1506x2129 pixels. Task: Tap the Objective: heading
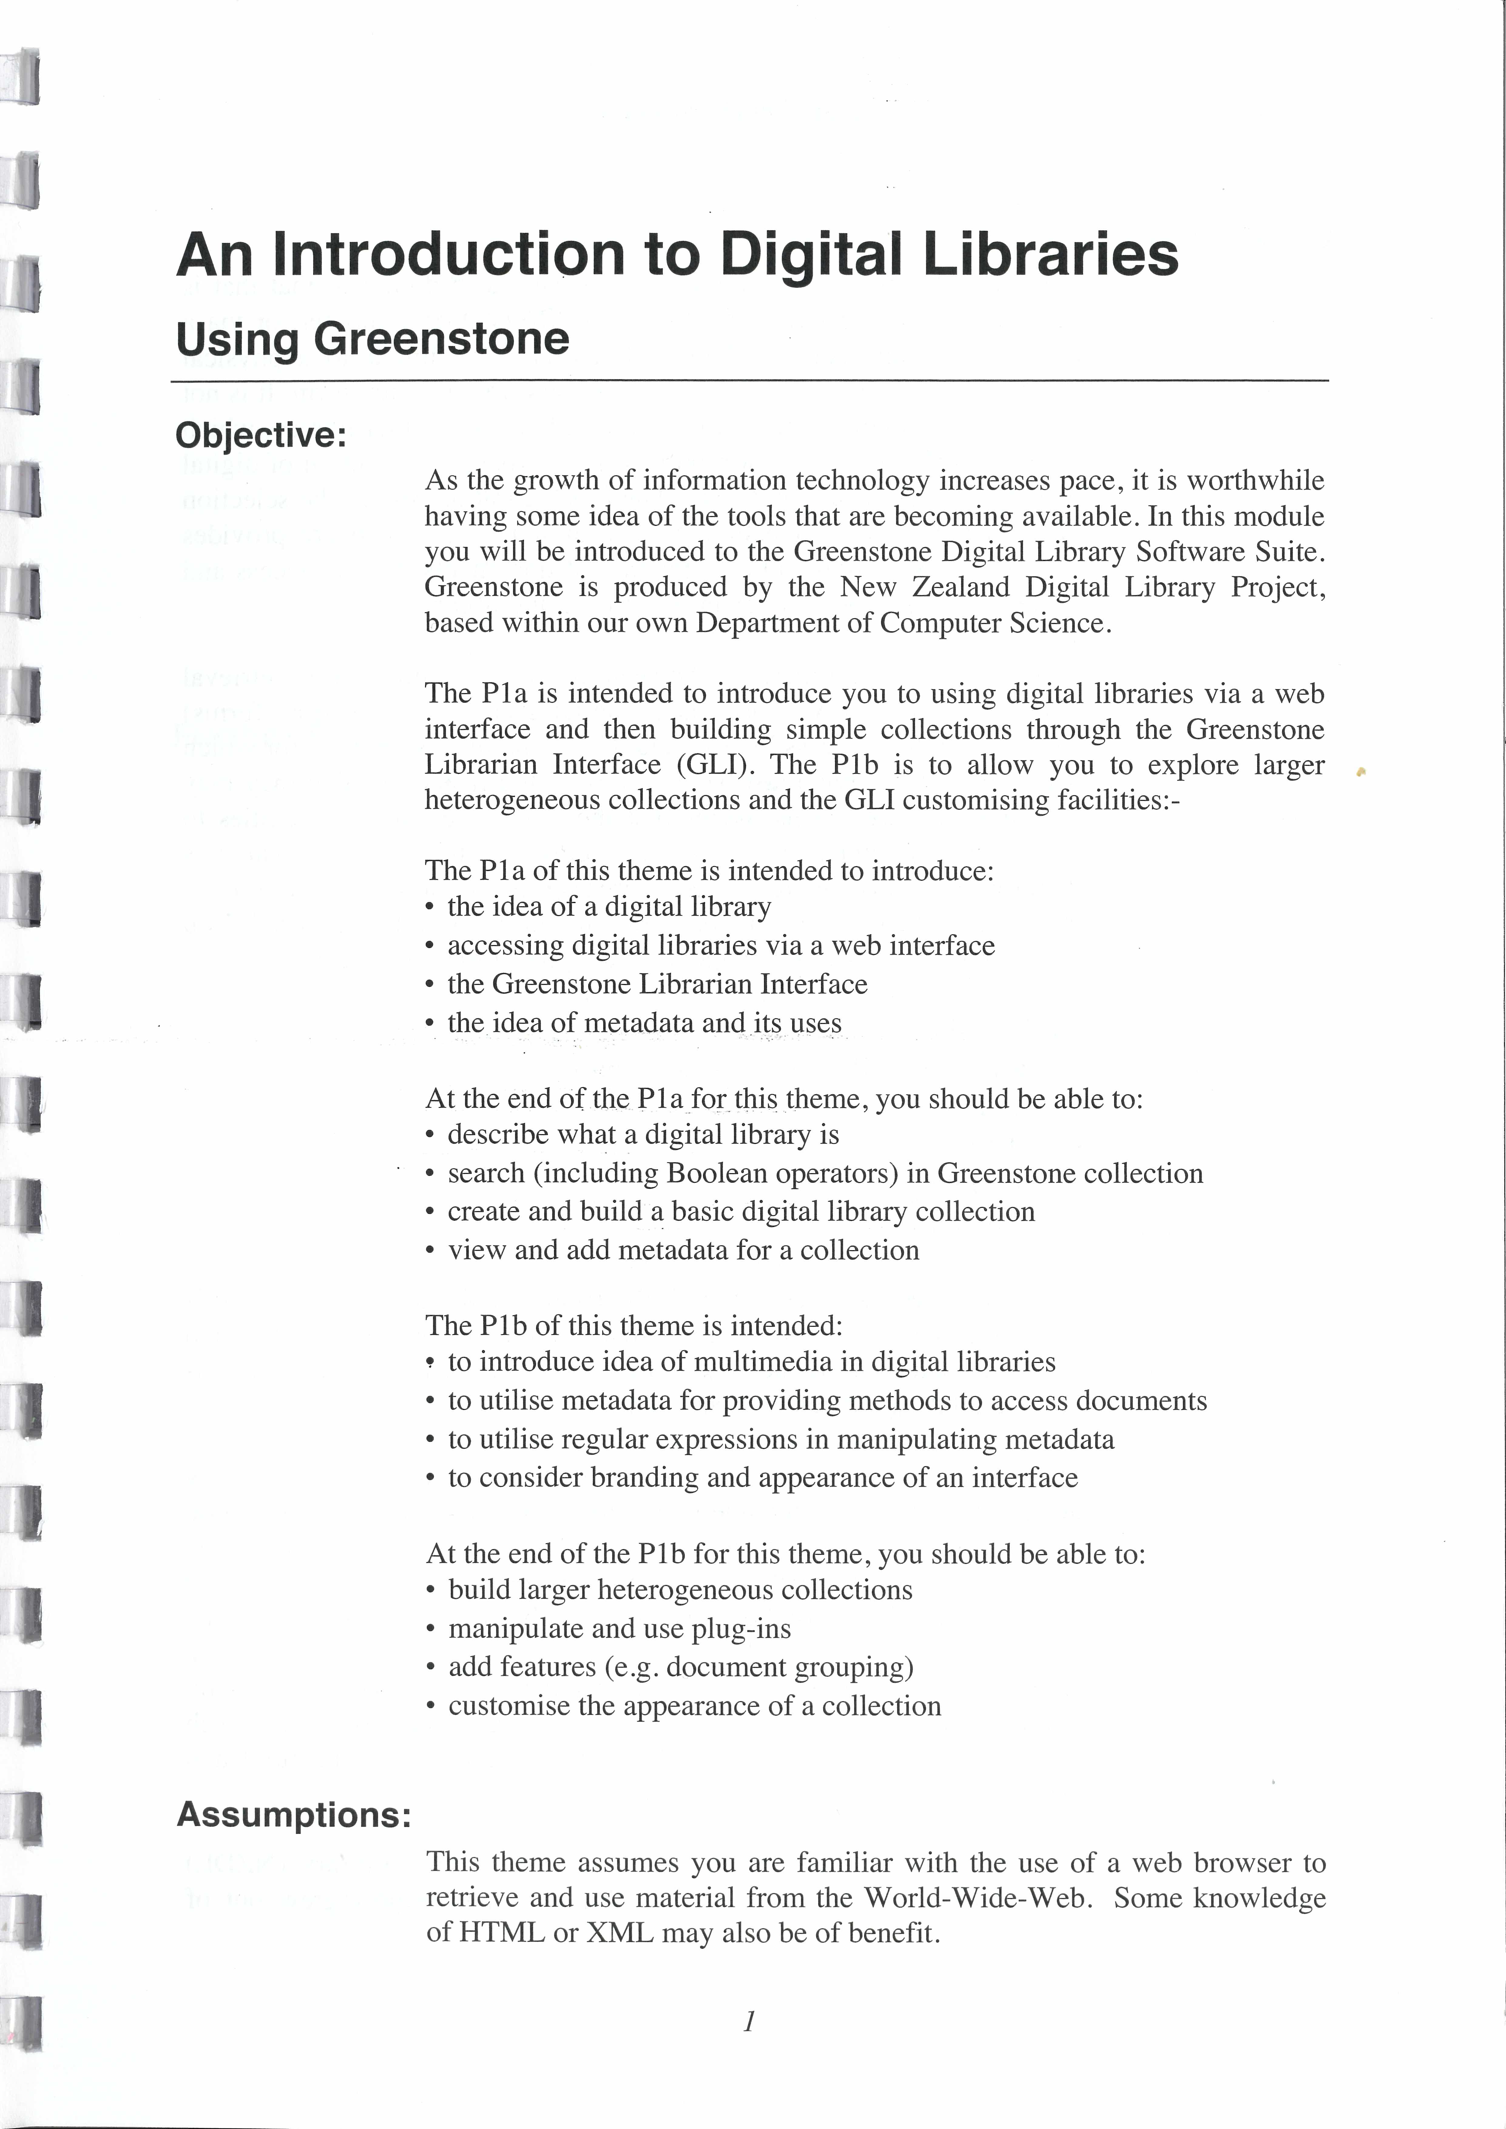pos(261,435)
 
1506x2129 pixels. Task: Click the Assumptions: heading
pos(293,1814)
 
